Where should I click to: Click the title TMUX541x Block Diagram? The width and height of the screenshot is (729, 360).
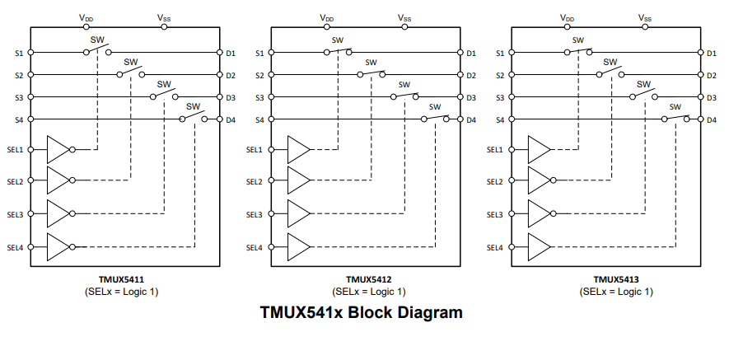[361, 313]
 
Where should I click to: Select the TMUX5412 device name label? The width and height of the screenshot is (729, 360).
[368, 279]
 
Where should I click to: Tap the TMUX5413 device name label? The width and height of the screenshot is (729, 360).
[616, 279]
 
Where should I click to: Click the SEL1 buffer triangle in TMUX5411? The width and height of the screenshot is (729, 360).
[58, 149]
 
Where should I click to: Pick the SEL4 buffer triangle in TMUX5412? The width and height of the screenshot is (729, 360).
[298, 246]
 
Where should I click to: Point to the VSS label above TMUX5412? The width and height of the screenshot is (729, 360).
[404, 16]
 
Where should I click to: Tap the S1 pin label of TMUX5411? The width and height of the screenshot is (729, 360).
[18, 54]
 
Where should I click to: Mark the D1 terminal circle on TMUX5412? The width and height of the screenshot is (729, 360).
[460, 54]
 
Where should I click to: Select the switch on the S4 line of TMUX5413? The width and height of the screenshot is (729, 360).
[675, 119]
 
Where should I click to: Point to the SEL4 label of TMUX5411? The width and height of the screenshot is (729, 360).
[15, 247]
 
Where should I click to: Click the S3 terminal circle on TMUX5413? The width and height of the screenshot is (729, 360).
[512, 98]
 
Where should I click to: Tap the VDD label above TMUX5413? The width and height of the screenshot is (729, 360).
[568, 16]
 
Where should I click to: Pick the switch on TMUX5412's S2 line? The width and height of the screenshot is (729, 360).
[372, 74]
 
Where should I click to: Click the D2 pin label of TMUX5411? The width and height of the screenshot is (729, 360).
[231, 76]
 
